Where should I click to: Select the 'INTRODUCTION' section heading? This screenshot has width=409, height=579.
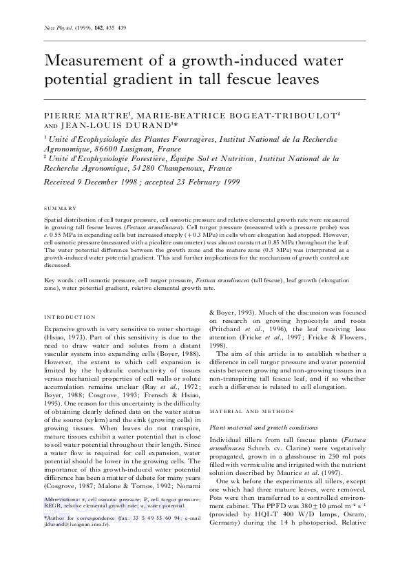(69, 317)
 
